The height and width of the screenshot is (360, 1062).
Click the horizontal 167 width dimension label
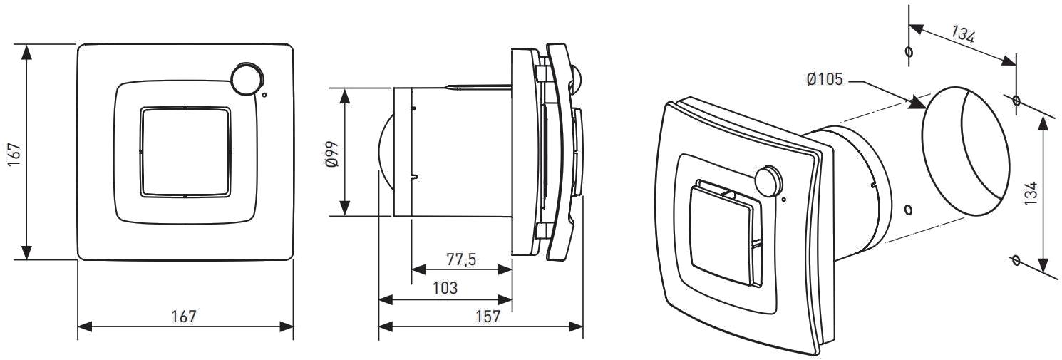point(183,317)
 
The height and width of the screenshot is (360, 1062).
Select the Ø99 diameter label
point(332,154)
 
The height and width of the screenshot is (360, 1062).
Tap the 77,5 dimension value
point(461,259)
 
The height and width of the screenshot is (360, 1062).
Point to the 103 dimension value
point(445,288)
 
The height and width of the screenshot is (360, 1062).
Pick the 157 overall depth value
point(488,317)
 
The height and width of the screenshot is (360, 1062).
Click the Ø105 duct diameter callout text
point(825,79)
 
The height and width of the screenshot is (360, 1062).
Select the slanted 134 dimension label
point(963,35)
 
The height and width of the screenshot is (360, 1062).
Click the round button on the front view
point(247,77)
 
